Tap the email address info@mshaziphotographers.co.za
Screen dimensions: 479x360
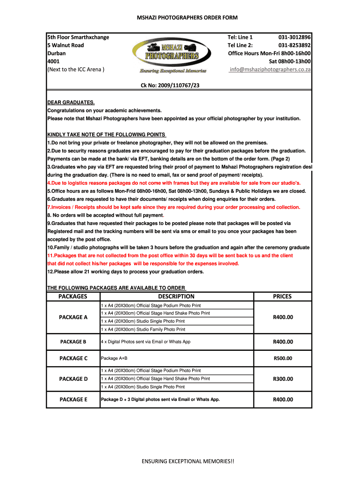click(270, 69)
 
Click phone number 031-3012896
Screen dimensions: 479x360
click(295, 37)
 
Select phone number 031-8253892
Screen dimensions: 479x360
click(295, 45)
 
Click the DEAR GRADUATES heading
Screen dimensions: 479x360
click(71, 102)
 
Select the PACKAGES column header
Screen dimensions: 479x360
click(73, 296)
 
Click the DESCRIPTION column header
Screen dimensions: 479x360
click(176, 296)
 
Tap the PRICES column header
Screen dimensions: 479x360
click(282, 296)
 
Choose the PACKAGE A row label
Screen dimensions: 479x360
click(73, 317)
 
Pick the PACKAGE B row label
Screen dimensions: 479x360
click(73, 342)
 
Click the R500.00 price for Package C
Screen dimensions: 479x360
click(283, 358)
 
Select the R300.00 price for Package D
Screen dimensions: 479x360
click(283, 379)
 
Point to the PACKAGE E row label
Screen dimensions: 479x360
click(73, 399)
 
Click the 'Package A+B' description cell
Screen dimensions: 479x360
click(115, 358)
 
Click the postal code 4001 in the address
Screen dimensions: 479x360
click(53, 61)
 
